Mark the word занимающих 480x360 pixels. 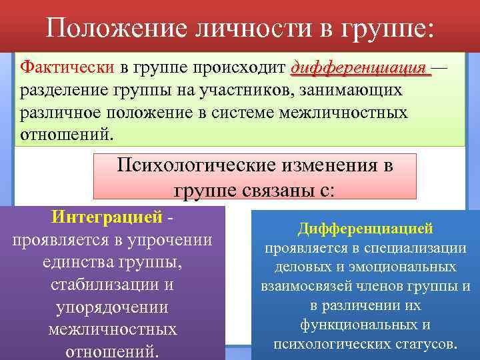click(353, 90)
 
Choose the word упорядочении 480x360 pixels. click(112, 307)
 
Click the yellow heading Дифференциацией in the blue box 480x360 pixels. click(365, 229)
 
